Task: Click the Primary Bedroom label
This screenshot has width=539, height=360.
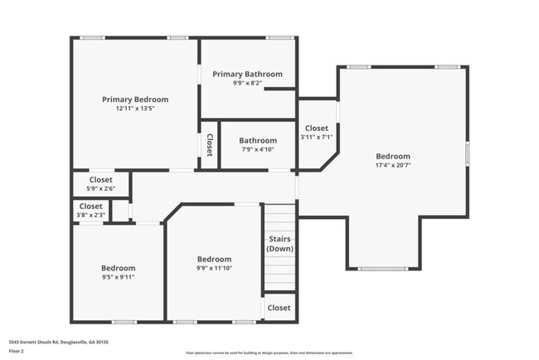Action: (x=134, y=100)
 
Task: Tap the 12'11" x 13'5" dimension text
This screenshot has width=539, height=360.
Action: (x=134, y=109)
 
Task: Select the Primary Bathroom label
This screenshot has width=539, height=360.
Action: (x=247, y=74)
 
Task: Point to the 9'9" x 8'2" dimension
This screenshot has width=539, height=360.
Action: (x=247, y=83)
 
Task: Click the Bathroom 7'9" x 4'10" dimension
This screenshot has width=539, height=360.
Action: (x=258, y=150)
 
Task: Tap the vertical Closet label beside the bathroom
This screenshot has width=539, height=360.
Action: (x=209, y=145)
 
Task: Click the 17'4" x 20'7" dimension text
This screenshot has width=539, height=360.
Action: (x=392, y=166)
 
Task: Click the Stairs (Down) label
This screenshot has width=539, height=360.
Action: (x=279, y=244)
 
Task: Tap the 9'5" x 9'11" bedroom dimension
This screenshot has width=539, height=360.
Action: (x=118, y=277)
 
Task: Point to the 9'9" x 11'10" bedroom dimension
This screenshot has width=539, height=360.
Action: (x=213, y=268)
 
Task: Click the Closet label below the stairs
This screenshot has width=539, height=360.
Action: (x=279, y=308)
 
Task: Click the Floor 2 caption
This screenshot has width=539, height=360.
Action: (x=17, y=352)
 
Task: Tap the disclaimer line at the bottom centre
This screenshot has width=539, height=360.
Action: (x=269, y=353)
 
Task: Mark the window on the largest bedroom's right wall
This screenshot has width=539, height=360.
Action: (x=468, y=153)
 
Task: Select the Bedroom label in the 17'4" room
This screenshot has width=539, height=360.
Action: (x=392, y=156)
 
